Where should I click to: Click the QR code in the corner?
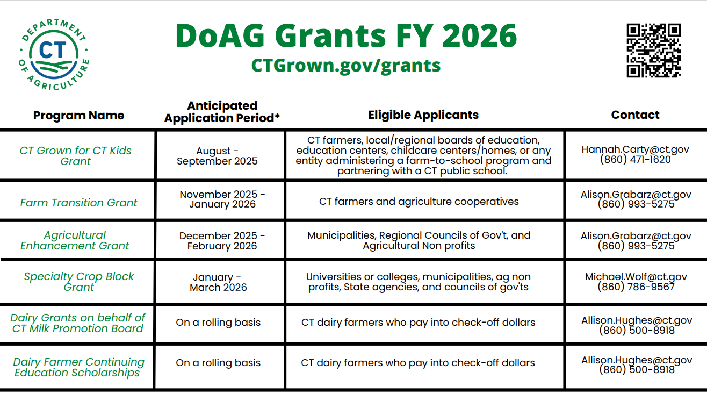(653, 50)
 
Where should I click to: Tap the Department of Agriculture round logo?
(54, 54)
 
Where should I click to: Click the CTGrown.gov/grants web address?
(345, 66)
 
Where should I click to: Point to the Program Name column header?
(78, 115)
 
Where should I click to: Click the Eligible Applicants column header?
(423, 115)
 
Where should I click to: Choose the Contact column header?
(635, 115)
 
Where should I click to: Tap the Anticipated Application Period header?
(222, 111)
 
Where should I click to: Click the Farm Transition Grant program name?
(78, 203)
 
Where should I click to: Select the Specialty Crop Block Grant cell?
(78, 282)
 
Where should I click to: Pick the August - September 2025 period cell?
(217, 156)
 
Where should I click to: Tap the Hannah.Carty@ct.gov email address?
(635, 149)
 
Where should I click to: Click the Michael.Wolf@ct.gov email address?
(636, 277)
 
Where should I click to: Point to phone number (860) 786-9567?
(636, 287)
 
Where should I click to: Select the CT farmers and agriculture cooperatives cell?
(419, 201)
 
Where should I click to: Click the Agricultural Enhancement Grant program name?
(75, 240)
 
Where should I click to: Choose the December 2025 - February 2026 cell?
(222, 241)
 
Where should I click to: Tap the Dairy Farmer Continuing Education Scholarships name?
(78, 367)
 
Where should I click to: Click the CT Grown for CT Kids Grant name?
(75, 156)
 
